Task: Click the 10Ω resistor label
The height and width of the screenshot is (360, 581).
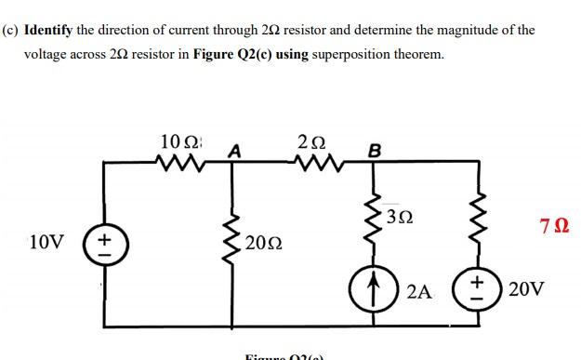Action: pyautogui.click(x=178, y=143)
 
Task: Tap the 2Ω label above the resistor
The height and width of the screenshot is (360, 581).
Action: pyautogui.click(x=311, y=142)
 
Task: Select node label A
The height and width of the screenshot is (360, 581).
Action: pyautogui.click(x=234, y=151)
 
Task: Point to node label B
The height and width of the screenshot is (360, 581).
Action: pyautogui.click(x=375, y=151)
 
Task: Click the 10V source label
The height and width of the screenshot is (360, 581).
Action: pyautogui.click(x=46, y=243)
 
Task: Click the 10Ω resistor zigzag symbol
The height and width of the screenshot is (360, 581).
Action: pyautogui.click(x=178, y=165)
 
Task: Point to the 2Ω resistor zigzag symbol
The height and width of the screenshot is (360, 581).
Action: pyautogui.click(x=312, y=165)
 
